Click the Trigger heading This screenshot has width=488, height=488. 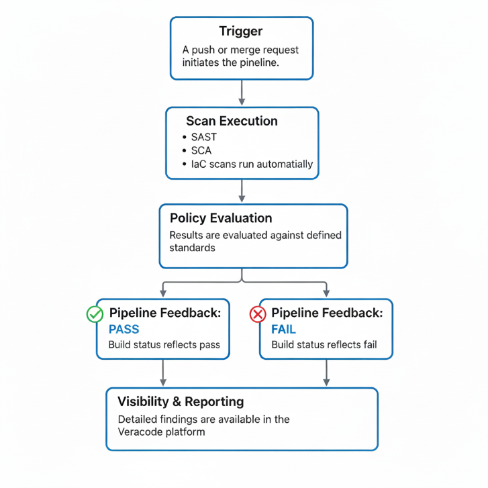[x=241, y=32]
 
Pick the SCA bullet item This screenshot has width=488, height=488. [x=201, y=150]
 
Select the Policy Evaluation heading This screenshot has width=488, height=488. [x=221, y=218]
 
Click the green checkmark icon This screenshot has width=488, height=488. [x=95, y=313]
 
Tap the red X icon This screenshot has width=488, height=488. [x=258, y=313]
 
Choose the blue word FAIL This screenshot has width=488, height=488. [x=283, y=330]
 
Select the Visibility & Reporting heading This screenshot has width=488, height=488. [x=181, y=401]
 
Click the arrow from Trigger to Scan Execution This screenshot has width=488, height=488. [x=242, y=93]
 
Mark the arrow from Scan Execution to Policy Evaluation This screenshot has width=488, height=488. [x=242, y=191]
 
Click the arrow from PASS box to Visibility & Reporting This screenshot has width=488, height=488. [x=163, y=373]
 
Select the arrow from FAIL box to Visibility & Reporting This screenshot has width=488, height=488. [x=326, y=373]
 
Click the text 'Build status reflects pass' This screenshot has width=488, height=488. [x=164, y=345]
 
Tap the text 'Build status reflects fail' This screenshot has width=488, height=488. [x=324, y=345]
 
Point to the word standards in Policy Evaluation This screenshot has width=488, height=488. [x=192, y=248]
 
